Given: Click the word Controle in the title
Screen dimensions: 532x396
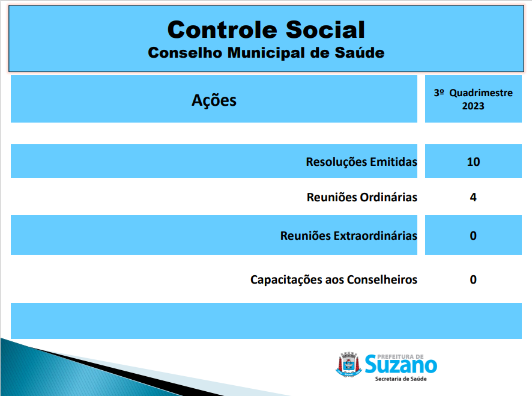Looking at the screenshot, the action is [x=222, y=29].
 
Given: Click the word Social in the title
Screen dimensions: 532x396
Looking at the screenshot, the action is [x=325, y=29].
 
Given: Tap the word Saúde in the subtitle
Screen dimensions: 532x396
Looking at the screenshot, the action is [x=360, y=53].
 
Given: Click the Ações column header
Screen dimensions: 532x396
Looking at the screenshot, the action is [x=214, y=100].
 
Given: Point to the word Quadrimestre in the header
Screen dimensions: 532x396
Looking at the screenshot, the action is [x=481, y=93].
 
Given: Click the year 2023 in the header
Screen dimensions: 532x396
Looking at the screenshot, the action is [x=473, y=106].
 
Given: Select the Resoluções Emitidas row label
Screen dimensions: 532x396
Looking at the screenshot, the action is [x=361, y=162].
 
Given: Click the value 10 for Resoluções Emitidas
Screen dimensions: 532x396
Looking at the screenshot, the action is [x=473, y=162].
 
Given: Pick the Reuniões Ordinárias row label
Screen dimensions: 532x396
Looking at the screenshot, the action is [x=361, y=197].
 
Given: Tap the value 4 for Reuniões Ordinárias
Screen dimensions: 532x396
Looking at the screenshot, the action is [x=473, y=197].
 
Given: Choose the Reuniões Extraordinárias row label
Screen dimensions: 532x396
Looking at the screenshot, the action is [x=348, y=236].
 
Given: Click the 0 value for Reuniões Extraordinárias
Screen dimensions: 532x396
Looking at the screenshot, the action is [x=473, y=236].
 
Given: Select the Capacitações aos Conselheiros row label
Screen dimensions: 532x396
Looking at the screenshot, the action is [x=333, y=279].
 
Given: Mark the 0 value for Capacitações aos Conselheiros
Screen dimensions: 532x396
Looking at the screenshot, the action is [x=473, y=279].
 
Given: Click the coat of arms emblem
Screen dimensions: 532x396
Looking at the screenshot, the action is [x=348, y=365].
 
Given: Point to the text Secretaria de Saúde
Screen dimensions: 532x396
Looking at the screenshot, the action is [x=401, y=379].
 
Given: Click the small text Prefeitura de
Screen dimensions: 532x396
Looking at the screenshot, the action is [x=401, y=356].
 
